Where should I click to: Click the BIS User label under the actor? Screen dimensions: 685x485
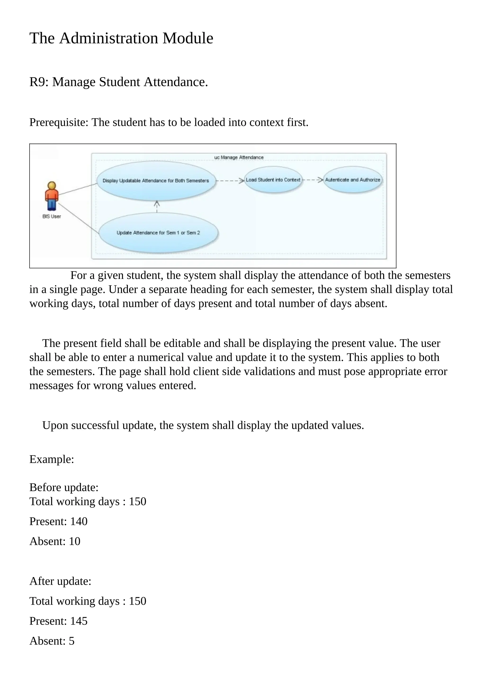click(52, 217)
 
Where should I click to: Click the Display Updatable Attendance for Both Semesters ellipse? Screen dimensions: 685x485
click(156, 181)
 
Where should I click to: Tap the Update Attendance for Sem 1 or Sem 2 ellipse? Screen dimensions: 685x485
click(158, 233)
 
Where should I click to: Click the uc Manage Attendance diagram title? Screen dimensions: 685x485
click(239, 158)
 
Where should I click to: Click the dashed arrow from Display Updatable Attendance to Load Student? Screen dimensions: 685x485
click(230, 180)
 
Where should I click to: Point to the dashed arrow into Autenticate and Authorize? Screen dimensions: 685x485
click(313, 180)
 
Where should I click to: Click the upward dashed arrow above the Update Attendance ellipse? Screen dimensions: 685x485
click(157, 206)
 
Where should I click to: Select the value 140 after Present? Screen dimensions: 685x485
click(79, 522)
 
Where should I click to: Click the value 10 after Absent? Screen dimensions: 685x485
click(75, 541)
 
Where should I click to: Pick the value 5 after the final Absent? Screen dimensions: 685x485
click(72, 641)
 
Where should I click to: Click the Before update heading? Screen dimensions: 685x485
click(64, 487)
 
